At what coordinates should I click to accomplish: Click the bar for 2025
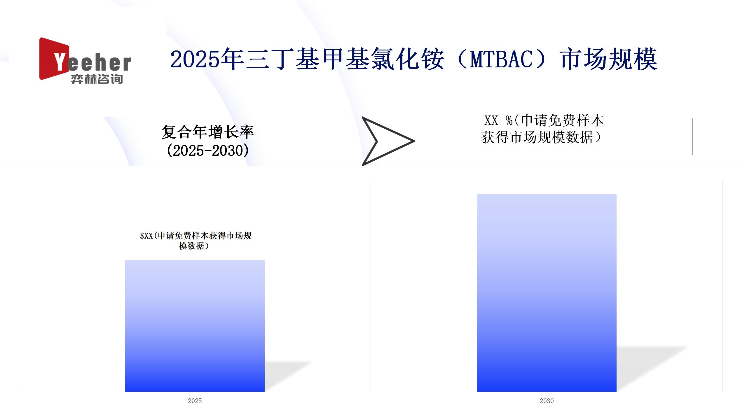click(195, 326)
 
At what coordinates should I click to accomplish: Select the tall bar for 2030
click(547, 293)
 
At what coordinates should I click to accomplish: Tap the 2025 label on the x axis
click(195, 401)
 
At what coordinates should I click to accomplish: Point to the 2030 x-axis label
click(547, 401)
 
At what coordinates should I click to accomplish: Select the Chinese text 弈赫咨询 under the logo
click(97, 79)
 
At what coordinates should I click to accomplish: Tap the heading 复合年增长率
click(208, 132)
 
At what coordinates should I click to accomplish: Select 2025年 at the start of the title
click(207, 59)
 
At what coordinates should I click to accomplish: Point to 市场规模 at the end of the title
click(609, 59)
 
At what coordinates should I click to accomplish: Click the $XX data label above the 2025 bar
click(196, 241)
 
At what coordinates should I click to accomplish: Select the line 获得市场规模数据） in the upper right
click(541, 137)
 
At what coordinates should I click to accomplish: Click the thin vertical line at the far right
click(693, 136)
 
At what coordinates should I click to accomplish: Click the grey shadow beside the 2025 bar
click(287, 376)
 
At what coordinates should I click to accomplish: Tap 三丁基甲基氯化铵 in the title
click(345, 59)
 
